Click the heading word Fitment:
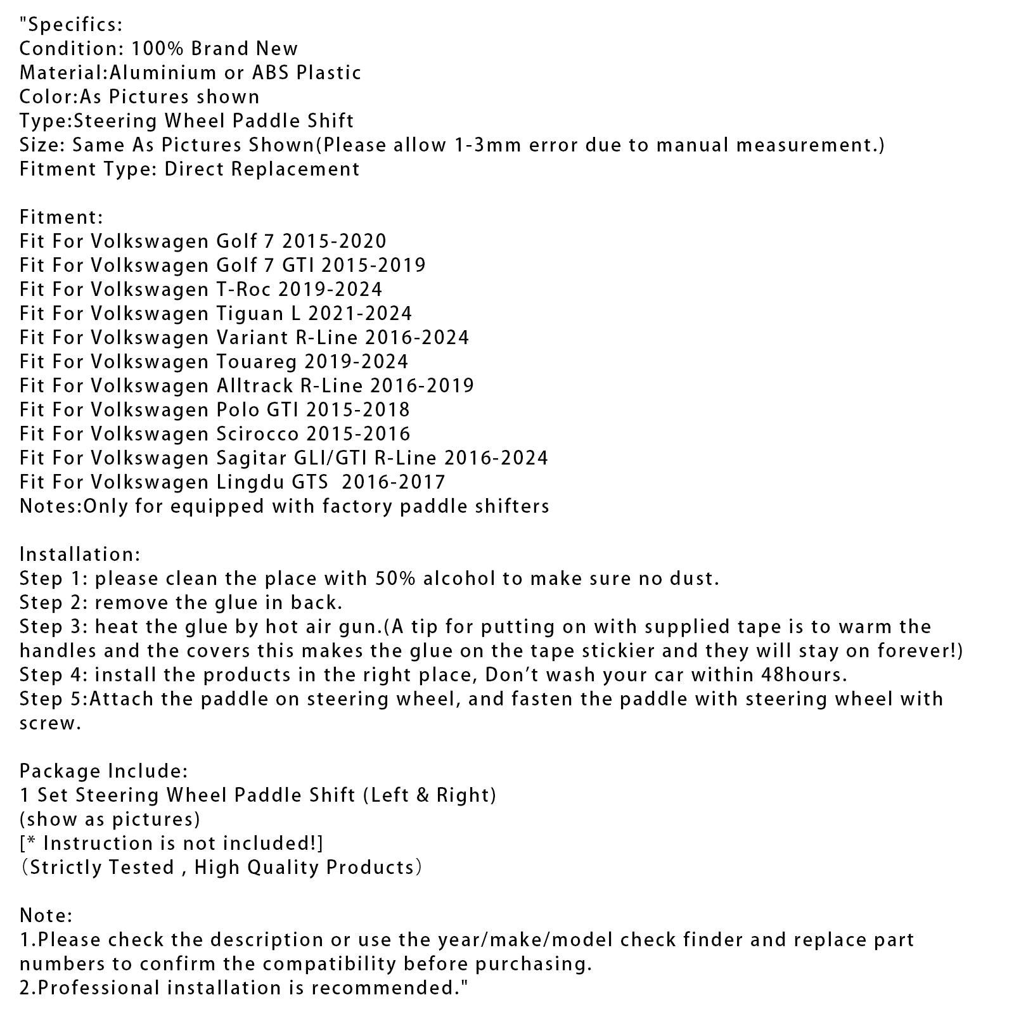click(61, 217)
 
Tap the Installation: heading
click(80, 555)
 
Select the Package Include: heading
click(103, 771)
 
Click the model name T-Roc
click(240, 290)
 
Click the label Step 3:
click(53, 627)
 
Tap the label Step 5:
click(53, 699)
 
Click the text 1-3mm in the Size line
click(488, 145)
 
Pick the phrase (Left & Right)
click(429, 795)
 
